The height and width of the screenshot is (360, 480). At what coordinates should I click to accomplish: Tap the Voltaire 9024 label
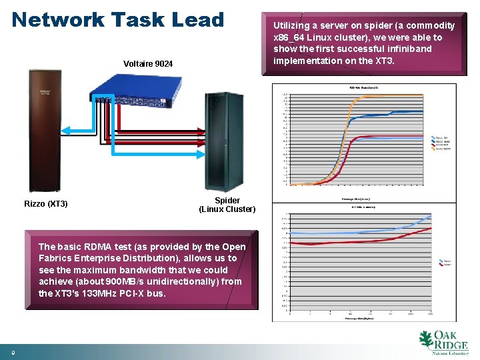148,64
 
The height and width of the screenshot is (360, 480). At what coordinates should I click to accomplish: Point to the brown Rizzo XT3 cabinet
45,130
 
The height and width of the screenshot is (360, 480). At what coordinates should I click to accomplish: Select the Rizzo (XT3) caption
46,204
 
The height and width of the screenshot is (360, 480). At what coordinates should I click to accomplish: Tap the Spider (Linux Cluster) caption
227,205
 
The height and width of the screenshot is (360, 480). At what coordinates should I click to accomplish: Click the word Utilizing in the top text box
293,26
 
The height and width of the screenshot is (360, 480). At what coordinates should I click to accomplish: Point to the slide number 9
12,351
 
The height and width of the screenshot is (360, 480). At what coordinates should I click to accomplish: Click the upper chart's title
361,87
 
